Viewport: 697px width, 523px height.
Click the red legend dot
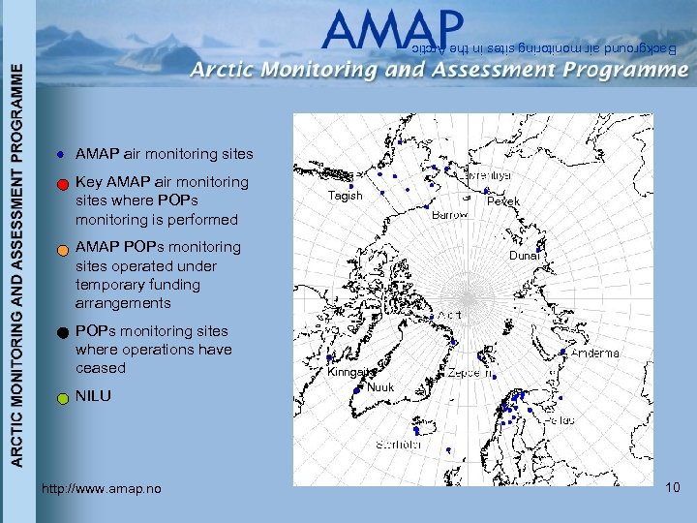click(60, 183)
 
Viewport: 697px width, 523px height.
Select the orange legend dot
click(60, 249)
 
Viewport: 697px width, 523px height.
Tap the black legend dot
click(60, 332)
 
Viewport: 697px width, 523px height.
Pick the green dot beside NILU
click(60, 397)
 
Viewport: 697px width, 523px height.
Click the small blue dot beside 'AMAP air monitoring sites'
click(60, 154)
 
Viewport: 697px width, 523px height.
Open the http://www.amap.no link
click(102, 489)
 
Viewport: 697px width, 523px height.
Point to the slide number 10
click(673, 489)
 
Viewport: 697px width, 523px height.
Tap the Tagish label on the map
click(345, 196)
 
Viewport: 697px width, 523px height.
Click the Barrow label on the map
click(449, 215)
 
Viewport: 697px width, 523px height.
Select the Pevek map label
click(503, 201)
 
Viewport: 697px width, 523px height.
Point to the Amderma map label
click(595, 354)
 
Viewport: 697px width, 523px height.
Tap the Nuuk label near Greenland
click(380, 387)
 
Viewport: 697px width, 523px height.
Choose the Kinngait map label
click(349, 372)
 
